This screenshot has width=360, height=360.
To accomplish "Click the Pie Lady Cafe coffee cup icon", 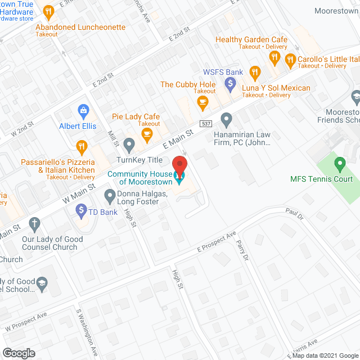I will click(147, 133).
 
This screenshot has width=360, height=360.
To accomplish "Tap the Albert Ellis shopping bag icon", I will click(83, 110).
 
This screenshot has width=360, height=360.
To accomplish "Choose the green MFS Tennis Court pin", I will click(339, 165).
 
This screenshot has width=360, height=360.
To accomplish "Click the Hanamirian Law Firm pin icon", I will click(226, 119).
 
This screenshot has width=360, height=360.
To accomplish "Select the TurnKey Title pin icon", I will click(129, 146).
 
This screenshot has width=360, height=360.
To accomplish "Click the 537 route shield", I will click(205, 123).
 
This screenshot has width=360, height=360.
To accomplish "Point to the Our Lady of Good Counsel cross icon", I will click(35, 224).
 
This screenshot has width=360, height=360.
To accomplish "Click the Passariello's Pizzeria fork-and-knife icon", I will click(82, 147).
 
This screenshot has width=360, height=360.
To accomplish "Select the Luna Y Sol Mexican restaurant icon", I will click(255, 72).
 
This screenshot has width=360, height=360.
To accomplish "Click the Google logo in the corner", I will click(18, 353).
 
